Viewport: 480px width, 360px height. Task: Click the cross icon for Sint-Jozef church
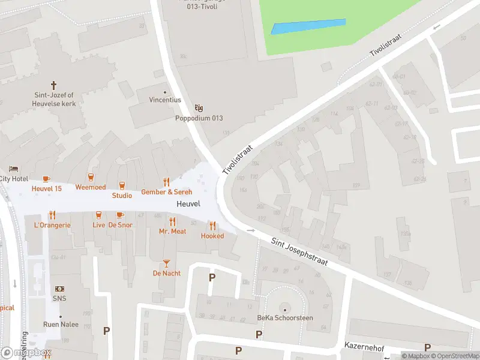coord(53,85)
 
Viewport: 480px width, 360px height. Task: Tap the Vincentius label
coord(164,100)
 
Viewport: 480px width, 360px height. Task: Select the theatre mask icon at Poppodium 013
coord(199,108)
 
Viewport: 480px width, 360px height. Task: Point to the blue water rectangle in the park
coord(308,26)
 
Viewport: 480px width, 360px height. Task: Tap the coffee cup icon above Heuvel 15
coord(46,179)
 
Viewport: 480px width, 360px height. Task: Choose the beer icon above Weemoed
coord(91,177)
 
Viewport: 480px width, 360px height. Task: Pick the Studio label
coord(122,196)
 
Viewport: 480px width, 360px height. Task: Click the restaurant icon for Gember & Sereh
coord(167,182)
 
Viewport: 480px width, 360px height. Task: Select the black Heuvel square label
coord(188,204)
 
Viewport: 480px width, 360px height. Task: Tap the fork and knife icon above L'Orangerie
coord(52,215)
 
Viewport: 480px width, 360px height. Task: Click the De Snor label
coord(120,225)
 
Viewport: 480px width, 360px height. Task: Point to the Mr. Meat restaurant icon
coord(172,221)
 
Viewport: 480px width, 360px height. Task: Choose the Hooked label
coord(212,236)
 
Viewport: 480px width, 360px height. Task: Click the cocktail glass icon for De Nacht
coord(166,263)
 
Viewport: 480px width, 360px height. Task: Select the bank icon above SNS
coord(60,289)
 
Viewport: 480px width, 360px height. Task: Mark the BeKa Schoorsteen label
coord(285,318)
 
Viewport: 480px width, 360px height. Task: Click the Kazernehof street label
coord(364,346)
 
